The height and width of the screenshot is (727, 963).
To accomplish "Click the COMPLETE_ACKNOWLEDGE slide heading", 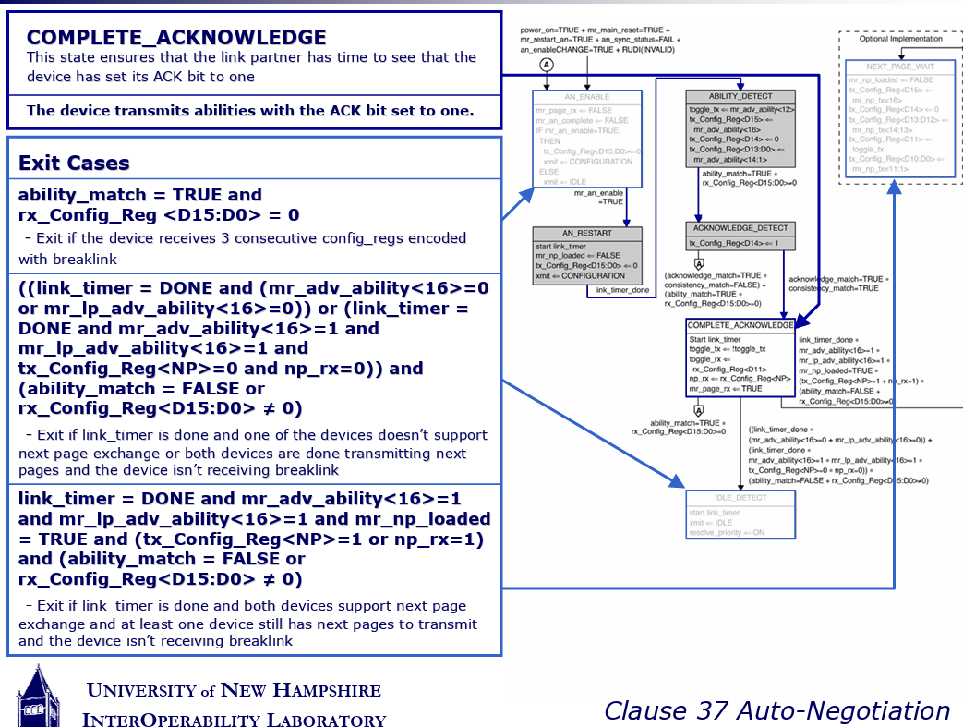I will [x=176, y=38].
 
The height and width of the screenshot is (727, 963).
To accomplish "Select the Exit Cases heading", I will [x=74, y=164].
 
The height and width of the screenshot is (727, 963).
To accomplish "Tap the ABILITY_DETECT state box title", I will [x=740, y=97].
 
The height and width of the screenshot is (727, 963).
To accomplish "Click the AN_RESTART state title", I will [x=586, y=234].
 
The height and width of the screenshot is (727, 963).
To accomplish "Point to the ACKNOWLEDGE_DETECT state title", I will [x=740, y=229].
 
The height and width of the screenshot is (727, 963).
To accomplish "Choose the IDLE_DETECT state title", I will [x=740, y=498].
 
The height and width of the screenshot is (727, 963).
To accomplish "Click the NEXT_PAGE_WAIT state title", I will [x=900, y=67].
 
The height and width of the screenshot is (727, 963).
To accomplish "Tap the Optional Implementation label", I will [x=900, y=39].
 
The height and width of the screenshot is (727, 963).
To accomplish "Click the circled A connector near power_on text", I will [x=547, y=65].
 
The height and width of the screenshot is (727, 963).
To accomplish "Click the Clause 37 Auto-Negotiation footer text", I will [x=776, y=710].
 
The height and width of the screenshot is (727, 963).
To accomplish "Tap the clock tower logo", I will [x=37, y=695].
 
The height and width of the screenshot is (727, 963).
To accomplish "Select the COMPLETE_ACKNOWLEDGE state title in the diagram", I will [x=740, y=325].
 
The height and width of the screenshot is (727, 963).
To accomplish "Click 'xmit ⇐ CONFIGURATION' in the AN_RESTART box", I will [x=581, y=275].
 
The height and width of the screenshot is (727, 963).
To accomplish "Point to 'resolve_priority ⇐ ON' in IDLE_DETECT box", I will [x=727, y=532].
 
